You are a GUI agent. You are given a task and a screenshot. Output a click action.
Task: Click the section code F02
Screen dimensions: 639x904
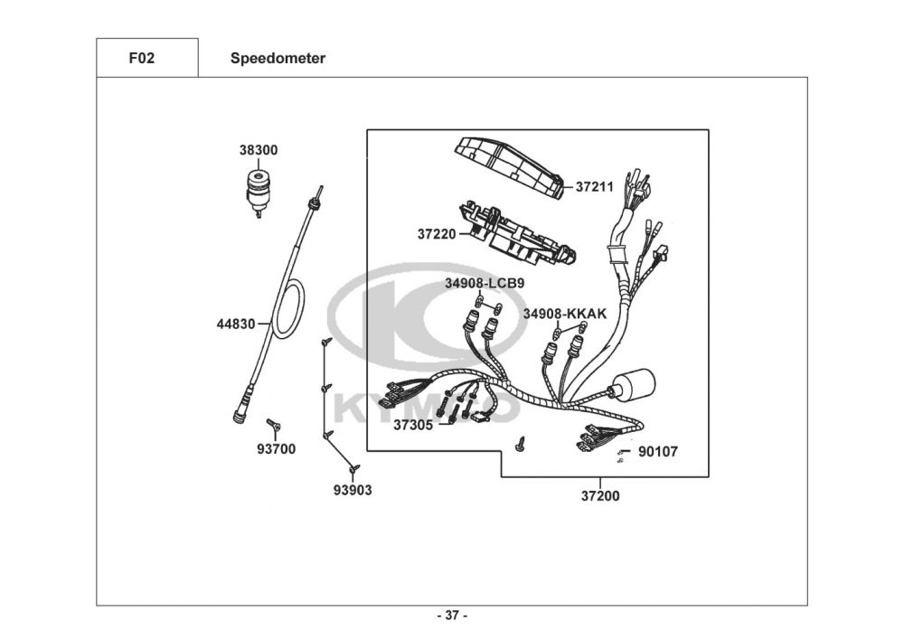pyautogui.click(x=142, y=59)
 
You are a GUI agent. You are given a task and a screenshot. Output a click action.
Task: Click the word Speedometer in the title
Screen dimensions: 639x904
pyautogui.click(x=278, y=59)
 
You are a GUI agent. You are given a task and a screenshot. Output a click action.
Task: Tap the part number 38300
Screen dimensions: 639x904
pyautogui.click(x=259, y=150)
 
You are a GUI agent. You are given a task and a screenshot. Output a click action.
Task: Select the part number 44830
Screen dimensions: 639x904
pyautogui.click(x=235, y=323)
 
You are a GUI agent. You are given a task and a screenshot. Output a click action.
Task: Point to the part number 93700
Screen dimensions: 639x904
pyautogui.click(x=276, y=448)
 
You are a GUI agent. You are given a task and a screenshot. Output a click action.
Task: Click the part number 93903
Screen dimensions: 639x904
pyautogui.click(x=353, y=490)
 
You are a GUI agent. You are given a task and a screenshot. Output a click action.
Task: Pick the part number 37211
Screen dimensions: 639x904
pyautogui.click(x=595, y=187)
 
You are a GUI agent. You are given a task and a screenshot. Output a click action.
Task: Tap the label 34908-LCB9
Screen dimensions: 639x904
pyautogui.click(x=484, y=283)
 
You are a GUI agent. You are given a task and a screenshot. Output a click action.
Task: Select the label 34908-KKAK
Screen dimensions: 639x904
pyautogui.click(x=564, y=314)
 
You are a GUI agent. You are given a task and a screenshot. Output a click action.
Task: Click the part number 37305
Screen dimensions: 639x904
pyautogui.click(x=412, y=424)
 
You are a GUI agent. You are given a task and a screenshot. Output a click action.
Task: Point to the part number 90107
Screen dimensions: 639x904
pyautogui.click(x=657, y=451)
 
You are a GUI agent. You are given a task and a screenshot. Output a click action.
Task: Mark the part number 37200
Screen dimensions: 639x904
pyautogui.click(x=600, y=495)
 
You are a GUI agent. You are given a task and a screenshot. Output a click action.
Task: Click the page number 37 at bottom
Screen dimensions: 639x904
pyautogui.click(x=452, y=616)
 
